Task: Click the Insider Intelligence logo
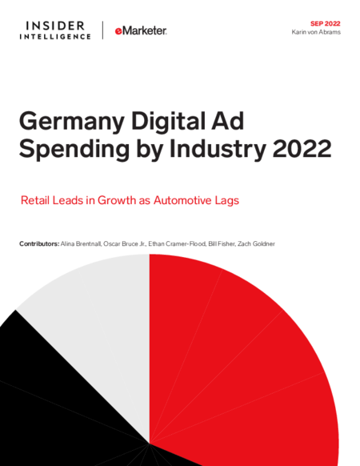[x=55, y=30]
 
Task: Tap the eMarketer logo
[x=141, y=30]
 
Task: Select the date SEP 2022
[x=326, y=23]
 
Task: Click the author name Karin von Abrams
[x=316, y=32]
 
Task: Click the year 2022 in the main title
[x=302, y=149]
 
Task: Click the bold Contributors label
[x=39, y=243]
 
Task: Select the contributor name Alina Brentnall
[x=82, y=243]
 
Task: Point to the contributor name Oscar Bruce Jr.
[x=125, y=243]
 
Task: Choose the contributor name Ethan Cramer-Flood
[x=177, y=243]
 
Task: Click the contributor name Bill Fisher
[x=222, y=243]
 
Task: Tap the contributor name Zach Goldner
[x=256, y=243]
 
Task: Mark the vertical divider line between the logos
[x=102, y=30]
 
